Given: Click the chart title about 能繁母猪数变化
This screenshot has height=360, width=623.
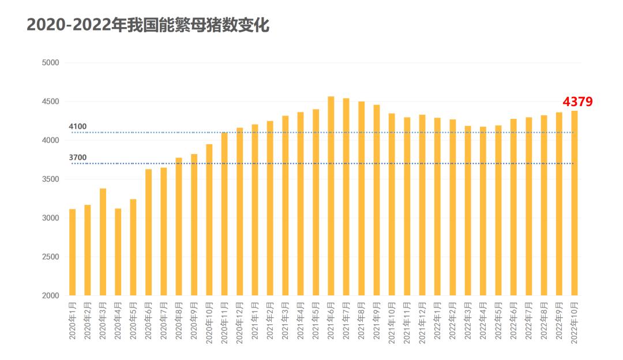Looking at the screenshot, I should click(148, 25).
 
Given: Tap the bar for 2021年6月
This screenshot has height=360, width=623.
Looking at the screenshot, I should click(331, 196).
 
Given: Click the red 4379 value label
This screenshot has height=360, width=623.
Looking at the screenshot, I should click(577, 102).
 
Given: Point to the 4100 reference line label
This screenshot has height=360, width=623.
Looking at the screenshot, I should click(77, 126).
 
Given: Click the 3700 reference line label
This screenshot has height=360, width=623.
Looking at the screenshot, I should click(77, 157).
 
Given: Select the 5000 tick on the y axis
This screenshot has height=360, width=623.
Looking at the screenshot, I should click(51, 62).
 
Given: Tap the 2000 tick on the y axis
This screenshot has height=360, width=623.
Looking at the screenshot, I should click(51, 295).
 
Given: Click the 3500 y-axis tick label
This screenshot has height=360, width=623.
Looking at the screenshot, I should click(51, 179).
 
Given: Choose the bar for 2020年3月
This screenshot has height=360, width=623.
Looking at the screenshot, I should click(103, 242).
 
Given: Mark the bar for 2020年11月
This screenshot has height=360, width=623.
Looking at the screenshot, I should click(224, 214).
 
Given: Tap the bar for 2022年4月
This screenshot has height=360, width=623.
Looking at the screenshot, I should click(483, 211).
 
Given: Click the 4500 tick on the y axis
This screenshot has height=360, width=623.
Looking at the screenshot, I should click(51, 102).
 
